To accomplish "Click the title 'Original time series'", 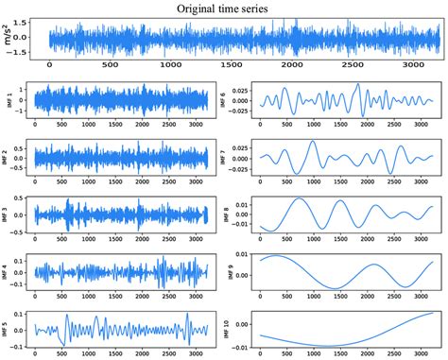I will tap(224, 9).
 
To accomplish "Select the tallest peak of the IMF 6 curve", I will tap(359, 85).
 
